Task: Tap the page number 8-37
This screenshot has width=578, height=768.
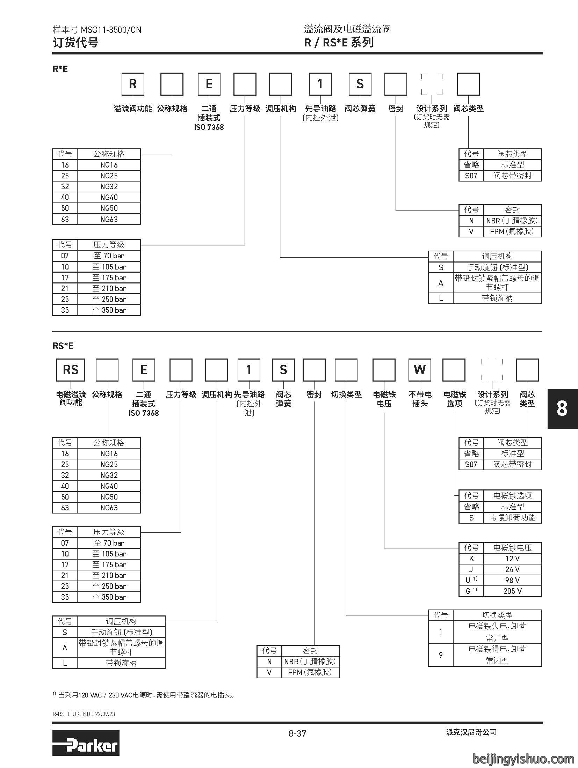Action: (x=297, y=733)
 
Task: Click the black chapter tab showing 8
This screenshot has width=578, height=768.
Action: (x=562, y=408)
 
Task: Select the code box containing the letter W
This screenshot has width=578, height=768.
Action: (x=420, y=370)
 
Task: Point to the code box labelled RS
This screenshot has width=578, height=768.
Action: (x=71, y=370)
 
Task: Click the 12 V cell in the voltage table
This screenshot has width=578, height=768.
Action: (x=512, y=559)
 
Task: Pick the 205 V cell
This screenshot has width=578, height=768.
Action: (x=512, y=591)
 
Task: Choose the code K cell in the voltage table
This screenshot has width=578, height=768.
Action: (x=471, y=559)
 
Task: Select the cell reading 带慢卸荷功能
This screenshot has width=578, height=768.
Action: (x=512, y=518)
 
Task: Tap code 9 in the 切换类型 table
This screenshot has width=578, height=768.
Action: (x=441, y=655)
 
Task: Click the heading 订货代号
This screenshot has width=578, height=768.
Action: (x=75, y=43)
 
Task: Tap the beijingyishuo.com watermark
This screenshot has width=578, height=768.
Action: (x=523, y=758)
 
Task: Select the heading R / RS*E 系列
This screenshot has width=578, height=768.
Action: (x=339, y=43)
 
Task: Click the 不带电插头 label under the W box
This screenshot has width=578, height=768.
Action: (x=420, y=399)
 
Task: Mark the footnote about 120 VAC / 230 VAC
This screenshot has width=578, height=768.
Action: (x=144, y=695)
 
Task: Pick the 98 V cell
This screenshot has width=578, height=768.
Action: (x=512, y=580)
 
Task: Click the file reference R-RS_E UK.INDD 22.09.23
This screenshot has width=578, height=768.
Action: (x=84, y=714)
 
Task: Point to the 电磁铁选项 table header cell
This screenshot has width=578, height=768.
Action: (x=512, y=496)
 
